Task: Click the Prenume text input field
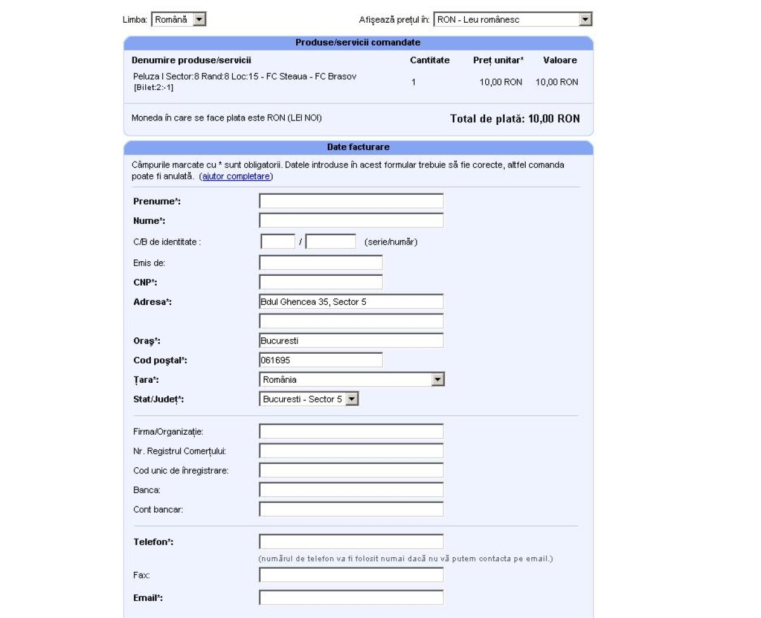point(351,201)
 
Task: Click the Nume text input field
point(351,221)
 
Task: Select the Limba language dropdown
point(179,20)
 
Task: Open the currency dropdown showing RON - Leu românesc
point(512,20)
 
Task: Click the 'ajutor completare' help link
point(236,176)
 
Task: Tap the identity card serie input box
point(278,241)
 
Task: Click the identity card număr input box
point(330,241)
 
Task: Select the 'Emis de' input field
point(321,262)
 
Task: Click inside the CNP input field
point(321,282)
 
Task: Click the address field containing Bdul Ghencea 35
point(351,302)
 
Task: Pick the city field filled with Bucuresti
point(351,340)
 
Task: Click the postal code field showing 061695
point(321,360)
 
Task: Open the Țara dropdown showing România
point(351,380)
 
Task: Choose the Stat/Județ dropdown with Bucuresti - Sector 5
point(309,399)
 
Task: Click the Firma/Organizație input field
point(351,432)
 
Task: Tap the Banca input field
point(351,490)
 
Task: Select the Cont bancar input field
point(351,510)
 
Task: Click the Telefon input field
point(351,542)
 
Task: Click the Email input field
point(351,598)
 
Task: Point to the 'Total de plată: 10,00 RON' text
point(514,119)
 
